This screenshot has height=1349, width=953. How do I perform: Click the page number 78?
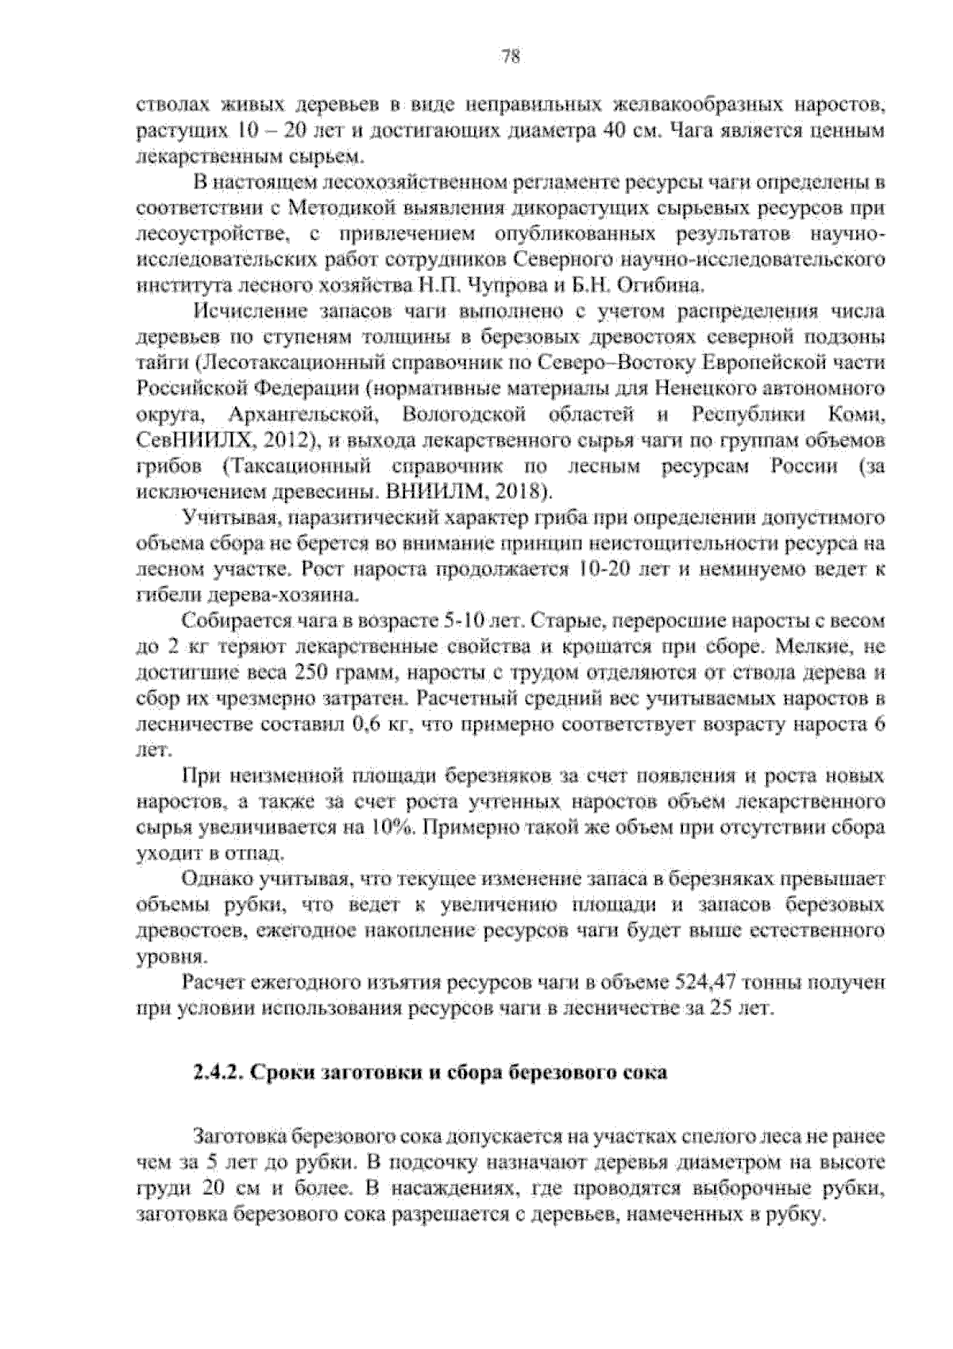510,56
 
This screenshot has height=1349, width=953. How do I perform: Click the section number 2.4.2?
219,1073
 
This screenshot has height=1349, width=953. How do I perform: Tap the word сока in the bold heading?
643,1073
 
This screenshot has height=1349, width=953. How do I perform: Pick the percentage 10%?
392,828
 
